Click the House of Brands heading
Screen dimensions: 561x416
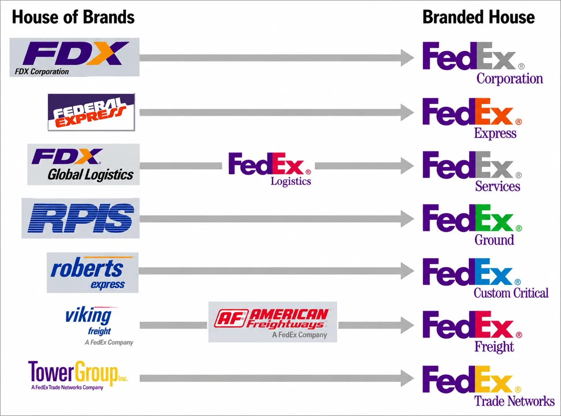pos(73,17)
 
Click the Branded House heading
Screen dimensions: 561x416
pos(479,17)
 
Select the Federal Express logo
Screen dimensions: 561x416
pos(91,112)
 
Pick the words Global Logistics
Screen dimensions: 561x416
pos(91,175)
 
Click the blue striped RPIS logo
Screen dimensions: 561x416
pos(81,218)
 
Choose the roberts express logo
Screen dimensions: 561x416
pos(92,273)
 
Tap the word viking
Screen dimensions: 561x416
pos(88,315)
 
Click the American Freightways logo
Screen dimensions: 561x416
pos(273,322)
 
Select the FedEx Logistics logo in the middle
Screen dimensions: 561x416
pos(270,169)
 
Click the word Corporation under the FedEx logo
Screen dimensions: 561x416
pos(510,79)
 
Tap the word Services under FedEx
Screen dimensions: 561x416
pos(497,186)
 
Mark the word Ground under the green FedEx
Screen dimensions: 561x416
pos(494,240)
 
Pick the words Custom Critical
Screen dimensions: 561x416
pos(511,293)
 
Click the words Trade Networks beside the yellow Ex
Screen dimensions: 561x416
pos(514,401)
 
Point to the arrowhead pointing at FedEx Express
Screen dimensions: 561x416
pos(407,112)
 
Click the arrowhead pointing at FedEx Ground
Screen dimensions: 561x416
pos(407,219)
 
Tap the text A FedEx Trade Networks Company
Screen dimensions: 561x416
pos(67,387)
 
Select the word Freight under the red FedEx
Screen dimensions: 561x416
pos(494,347)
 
